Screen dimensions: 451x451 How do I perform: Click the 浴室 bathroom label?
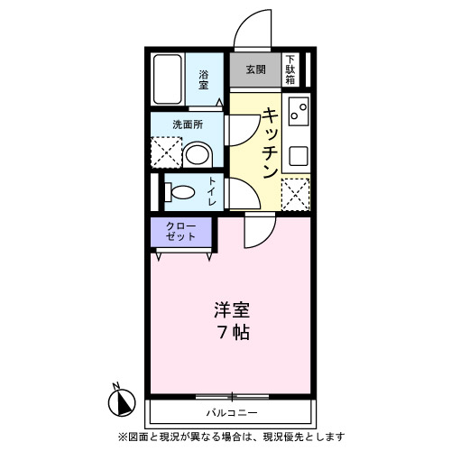[x=204, y=79]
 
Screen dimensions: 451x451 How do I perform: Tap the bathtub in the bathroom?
[x=169, y=80]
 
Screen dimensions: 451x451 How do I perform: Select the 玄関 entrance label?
[x=255, y=69]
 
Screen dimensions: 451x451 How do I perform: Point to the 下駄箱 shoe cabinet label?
[x=290, y=69]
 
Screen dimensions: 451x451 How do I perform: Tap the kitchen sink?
[x=298, y=115]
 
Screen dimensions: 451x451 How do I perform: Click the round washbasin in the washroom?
[x=197, y=153]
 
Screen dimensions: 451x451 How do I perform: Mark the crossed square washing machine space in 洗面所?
[x=165, y=152]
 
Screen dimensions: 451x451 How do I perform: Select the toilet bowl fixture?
[x=180, y=192]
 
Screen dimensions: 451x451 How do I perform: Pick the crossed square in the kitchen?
[x=296, y=192]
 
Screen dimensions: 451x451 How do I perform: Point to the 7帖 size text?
[x=232, y=332]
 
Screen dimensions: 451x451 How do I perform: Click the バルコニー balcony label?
[x=231, y=412]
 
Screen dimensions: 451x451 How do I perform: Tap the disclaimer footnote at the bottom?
[x=230, y=437]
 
